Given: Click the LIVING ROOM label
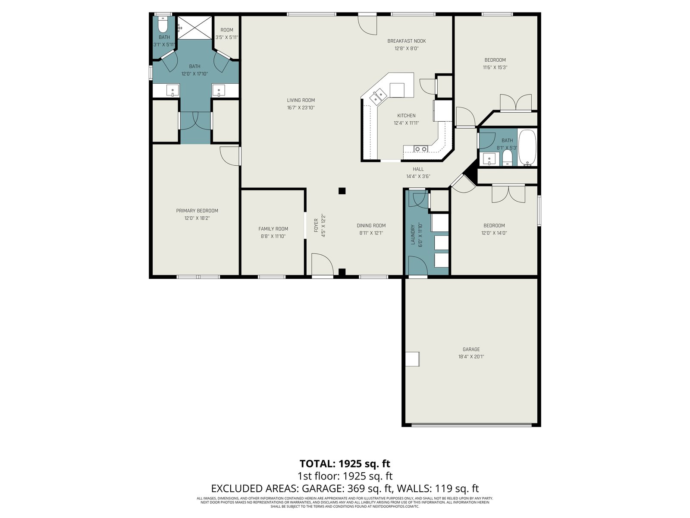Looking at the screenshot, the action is click(301, 100).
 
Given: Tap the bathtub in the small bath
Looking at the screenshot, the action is click(527, 147).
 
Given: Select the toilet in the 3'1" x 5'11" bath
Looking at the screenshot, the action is click(163, 25).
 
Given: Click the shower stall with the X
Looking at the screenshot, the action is click(194, 28).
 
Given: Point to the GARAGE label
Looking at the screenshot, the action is click(471, 349).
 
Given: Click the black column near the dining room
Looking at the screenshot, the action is click(342, 191).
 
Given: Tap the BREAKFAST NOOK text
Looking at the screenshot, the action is click(407, 41).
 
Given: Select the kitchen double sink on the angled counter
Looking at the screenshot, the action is click(378, 96).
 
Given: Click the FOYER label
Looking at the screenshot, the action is click(316, 225).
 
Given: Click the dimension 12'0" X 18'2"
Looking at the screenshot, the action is click(197, 218).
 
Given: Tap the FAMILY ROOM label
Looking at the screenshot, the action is click(273, 229).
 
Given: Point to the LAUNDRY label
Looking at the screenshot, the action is click(413, 234).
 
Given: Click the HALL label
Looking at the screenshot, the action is click(418, 169).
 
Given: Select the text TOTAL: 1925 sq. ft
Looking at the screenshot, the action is click(345, 464).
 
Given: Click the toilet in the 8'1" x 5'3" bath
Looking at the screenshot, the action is click(507, 157).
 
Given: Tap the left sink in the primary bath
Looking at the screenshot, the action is click(172, 90).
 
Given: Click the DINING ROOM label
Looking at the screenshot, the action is click(371, 226).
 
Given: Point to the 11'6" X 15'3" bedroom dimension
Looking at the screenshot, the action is click(495, 68).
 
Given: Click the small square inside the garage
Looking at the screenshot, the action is click(412, 359).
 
